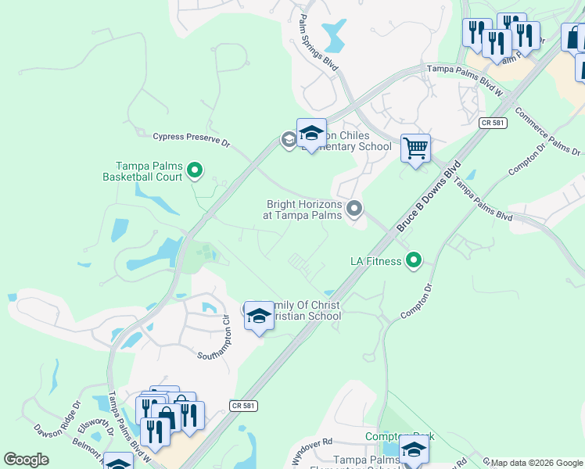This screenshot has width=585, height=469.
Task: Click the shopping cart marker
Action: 415,147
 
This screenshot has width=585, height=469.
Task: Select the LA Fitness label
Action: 375,261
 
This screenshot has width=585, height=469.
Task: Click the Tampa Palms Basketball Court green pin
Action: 196,169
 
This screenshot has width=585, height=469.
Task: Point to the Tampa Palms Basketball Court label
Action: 148,171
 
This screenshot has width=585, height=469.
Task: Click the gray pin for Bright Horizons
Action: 354,208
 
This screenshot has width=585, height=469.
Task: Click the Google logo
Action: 26,460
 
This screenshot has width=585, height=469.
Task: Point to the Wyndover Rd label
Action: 312,449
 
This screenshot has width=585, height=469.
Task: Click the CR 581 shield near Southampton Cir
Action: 243,405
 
